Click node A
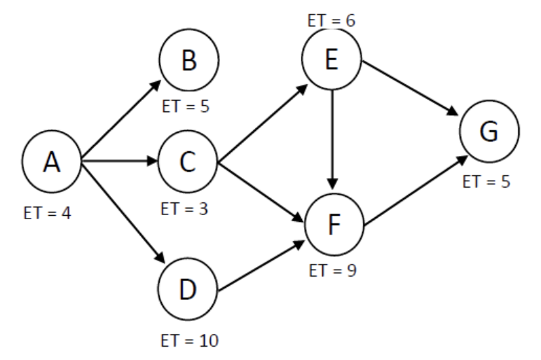point(52,162)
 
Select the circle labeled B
point(188,61)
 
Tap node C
point(188,162)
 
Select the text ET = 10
point(186,341)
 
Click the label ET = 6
point(331,20)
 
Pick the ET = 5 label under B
point(186,109)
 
